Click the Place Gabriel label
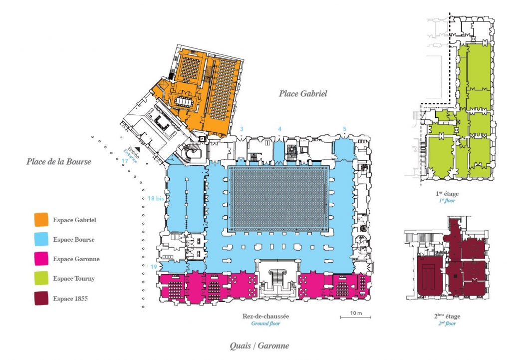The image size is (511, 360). click(303, 93)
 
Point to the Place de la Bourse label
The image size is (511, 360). click(59, 162)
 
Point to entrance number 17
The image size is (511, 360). click(125, 161)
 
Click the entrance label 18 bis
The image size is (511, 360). click(156, 198)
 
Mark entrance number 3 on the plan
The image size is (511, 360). click(242, 129)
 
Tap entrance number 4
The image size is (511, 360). click(279, 129)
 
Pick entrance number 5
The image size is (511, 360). click(344, 129)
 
